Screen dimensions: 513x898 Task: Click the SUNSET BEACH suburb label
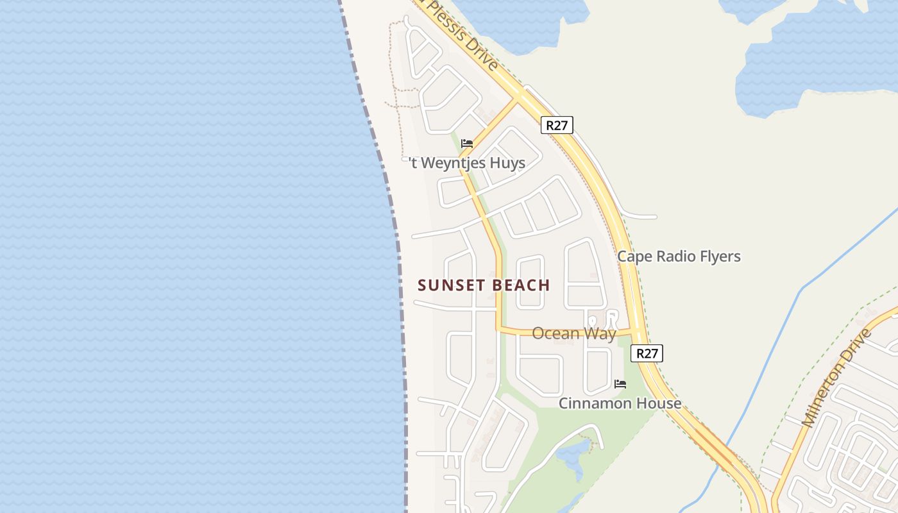click(x=484, y=285)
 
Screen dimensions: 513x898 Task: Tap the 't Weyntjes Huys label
click(x=467, y=163)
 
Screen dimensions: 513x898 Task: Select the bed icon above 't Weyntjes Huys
click(x=467, y=144)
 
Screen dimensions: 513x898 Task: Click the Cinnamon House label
click(x=620, y=403)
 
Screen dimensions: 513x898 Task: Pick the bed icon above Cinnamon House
click(x=620, y=384)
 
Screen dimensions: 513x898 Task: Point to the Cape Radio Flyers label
click(x=679, y=256)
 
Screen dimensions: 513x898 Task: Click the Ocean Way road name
click(x=573, y=333)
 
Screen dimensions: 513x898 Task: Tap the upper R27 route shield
click(x=557, y=125)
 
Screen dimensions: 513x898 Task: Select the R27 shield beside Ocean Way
click(x=647, y=353)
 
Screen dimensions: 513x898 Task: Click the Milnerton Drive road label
click(x=837, y=378)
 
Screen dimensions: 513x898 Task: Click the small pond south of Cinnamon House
click(x=570, y=455)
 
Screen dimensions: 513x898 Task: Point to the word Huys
click(x=507, y=163)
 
